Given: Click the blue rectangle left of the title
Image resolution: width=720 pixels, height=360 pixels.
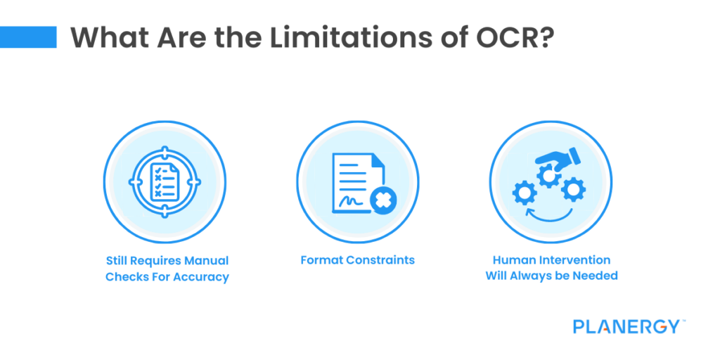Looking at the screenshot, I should (28, 37).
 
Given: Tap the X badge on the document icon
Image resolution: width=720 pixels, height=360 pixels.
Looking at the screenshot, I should (383, 202).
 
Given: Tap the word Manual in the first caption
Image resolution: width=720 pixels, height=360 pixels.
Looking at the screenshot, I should (206, 260).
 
